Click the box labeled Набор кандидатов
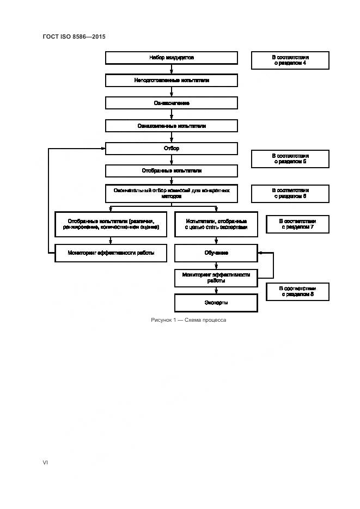(x=171, y=58)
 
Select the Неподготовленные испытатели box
(x=171, y=80)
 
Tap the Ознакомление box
(x=171, y=103)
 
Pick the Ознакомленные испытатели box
(x=171, y=126)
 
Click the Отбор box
(x=171, y=148)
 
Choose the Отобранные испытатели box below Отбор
(x=171, y=171)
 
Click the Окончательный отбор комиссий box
(x=171, y=193)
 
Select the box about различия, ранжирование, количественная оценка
(x=111, y=224)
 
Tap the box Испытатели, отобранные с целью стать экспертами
(x=216, y=224)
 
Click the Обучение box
(x=216, y=253)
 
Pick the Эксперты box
(x=216, y=303)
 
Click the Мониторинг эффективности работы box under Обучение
(x=216, y=278)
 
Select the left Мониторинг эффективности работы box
(x=111, y=253)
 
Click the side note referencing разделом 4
(x=290, y=60)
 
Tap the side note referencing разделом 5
(x=290, y=158)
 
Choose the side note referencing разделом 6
(x=290, y=193)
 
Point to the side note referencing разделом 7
(x=297, y=224)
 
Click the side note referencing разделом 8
(x=297, y=291)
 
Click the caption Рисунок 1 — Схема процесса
(x=188, y=320)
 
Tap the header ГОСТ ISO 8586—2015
(x=74, y=36)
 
